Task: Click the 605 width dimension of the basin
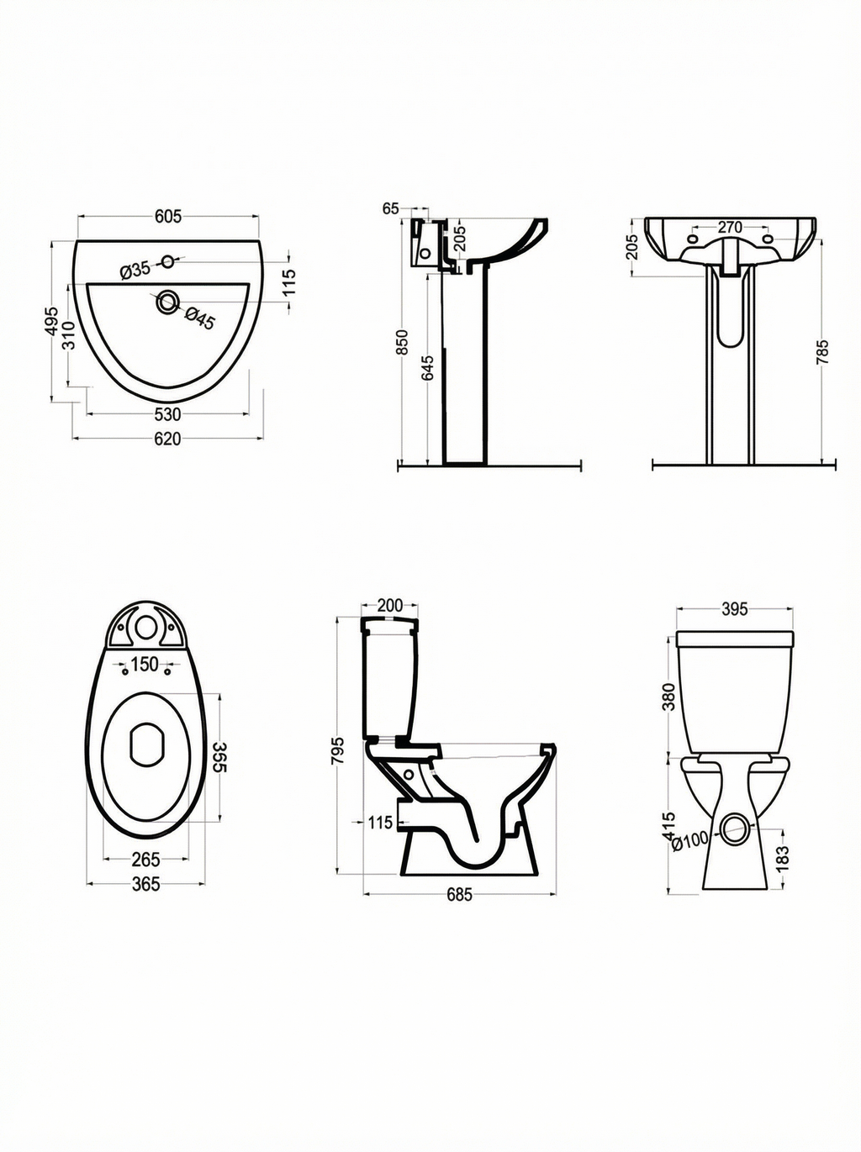(168, 216)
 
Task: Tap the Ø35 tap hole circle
(168, 260)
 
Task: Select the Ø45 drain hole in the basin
(168, 302)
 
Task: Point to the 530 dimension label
(167, 414)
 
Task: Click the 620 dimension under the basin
(167, 439)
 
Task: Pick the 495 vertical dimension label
(51, 321)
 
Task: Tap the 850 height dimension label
(402, 342)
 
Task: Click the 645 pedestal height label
(428, 368)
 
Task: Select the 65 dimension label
(391, 209)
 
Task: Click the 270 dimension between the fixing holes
(730, 227)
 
